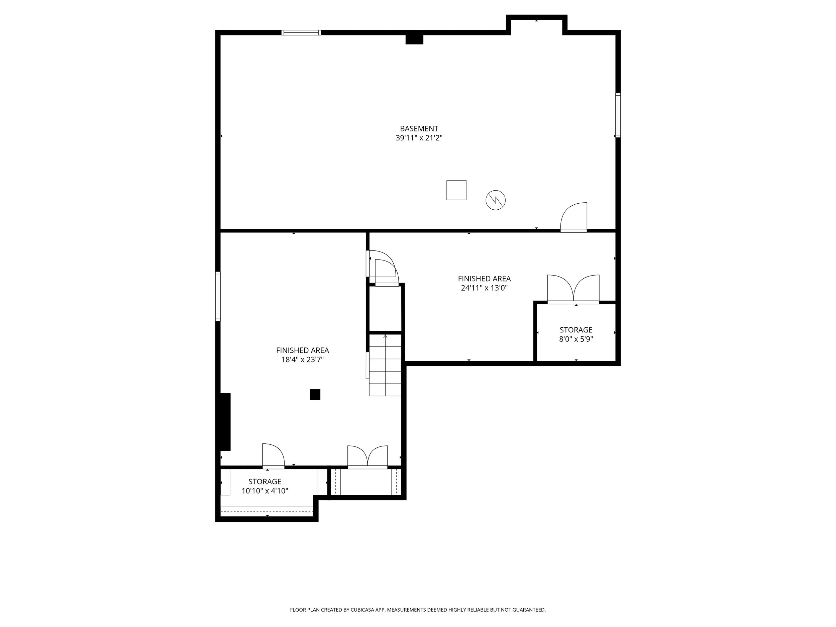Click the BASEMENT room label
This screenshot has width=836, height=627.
[x=419, y=128]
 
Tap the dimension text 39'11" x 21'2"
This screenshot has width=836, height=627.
[x=419, y=138]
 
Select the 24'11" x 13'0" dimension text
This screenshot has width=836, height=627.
[x=484, y=288]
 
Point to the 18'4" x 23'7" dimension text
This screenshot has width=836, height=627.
[x=302, y=360]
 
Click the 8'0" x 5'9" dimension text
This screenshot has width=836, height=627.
[x=576, y=339]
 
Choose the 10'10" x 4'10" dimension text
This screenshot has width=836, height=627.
[x=265, y=491]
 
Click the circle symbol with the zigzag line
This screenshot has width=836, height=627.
[x=496, y=200]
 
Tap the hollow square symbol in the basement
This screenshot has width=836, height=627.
[x=456, y=190]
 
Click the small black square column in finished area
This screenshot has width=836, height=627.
[x=315, y=395]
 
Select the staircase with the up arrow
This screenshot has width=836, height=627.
[x=385, y=365]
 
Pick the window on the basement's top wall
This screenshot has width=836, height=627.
[x=301, y=32]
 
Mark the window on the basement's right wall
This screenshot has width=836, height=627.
[x=618, y=115]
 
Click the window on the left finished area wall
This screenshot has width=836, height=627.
[x=218, y=296]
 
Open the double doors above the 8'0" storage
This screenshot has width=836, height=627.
[x=573, y=289]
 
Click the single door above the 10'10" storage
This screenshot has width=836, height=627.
[x=273, y=455]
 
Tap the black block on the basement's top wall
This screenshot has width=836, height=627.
[x=414, y=39]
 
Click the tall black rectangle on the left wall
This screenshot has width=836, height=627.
[x=225, y=422]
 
